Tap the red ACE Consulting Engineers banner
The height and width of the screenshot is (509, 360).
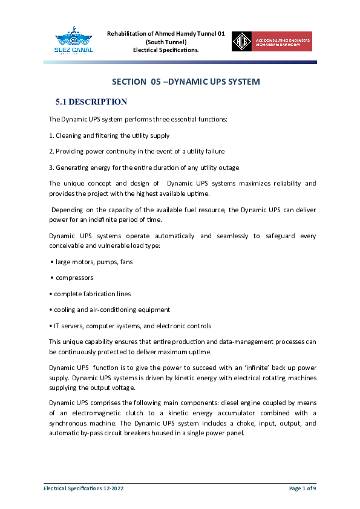(281, 41)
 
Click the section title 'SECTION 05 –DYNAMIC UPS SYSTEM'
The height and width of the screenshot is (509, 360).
(186, 82)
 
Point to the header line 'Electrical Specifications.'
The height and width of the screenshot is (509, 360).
(166, 50)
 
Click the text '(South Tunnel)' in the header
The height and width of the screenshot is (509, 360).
(166, 42)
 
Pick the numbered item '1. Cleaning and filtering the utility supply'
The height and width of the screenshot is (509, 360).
(109, 135)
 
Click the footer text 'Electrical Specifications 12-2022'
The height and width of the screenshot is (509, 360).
(83, 487)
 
